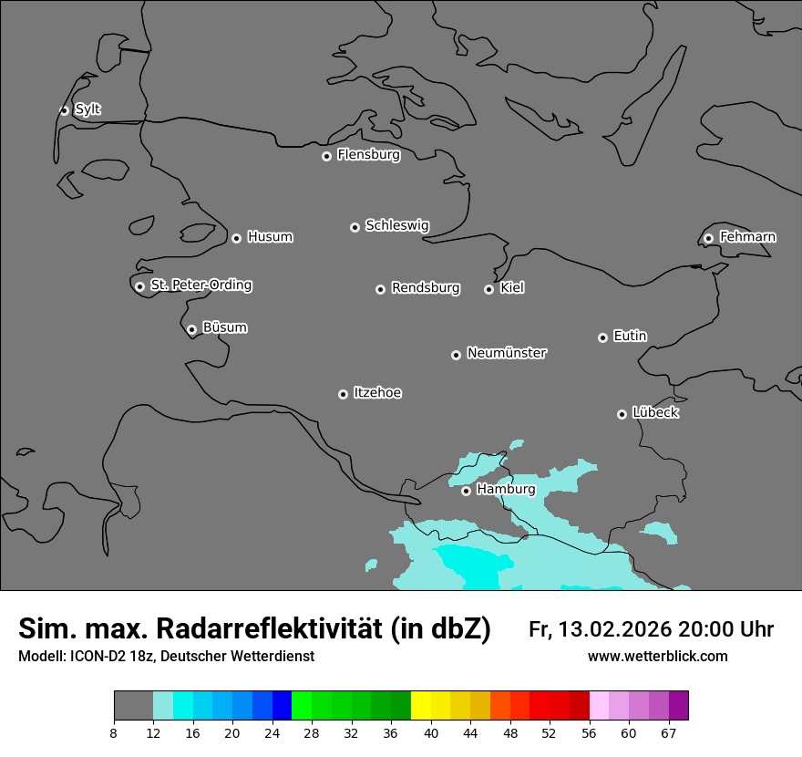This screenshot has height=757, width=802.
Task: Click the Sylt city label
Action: pyautogui.click(x=87, y=109)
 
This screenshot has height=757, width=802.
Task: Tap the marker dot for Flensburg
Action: pyautogui.click(x=326, y=156)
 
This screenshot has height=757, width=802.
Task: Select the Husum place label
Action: pyautogui.click(x=270, y=237)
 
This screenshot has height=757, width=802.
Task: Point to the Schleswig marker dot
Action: pyautogui.click(x=355, y=227)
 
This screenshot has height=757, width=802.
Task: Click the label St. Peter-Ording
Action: pyautogui.click(x=200, y=285)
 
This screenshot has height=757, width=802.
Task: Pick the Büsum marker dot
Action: pyautogui.click(x=191, y=330)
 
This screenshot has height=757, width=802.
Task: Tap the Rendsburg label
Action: pyautogui.click(x=426, y=288)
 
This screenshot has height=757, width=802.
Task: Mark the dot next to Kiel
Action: pyautogui.click(x=488, y=289)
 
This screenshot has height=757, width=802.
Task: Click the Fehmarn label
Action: pyautogui.click(x=747, y=237)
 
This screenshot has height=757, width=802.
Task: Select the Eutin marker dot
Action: pyautogui.click(x=602, y=337)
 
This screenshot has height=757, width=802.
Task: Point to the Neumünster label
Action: pyautogui.click(x=507, y=353)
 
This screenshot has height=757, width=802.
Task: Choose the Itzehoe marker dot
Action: pyautogui.click(x=343, y=394)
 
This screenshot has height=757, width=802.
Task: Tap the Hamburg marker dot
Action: pyautogui.click(x=466, y=491)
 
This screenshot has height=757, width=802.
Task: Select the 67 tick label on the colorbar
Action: pyautogui.click(x=668, y=732)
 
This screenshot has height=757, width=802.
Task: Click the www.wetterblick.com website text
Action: pyautogui.click(x=657, y=657)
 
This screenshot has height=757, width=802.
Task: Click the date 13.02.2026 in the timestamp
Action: pyautogui.click(x=614, y=629)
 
